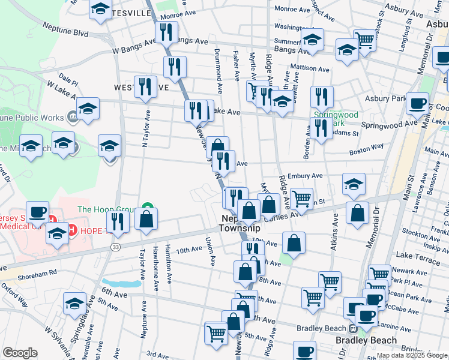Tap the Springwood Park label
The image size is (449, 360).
tap(336, 119)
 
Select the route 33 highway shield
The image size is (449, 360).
tap(115, 247)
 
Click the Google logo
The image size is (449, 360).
tap(19, 353)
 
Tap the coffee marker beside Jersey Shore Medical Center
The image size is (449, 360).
tap(38, 212)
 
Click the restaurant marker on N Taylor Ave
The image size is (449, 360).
tap(145, 86)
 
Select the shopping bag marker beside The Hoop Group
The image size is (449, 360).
tap(146, 219)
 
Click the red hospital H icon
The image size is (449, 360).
tap(71, 230)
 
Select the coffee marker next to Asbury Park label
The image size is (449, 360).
tap(417, 103)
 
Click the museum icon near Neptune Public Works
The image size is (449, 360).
tap(72, 115)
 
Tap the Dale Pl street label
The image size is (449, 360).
tap(69, 82)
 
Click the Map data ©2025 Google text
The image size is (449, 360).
tap(411, 355)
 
